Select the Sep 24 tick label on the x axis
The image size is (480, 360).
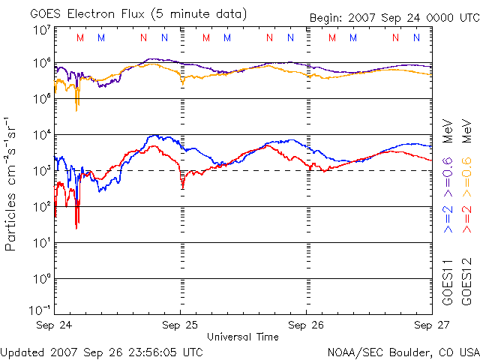click(55, 325)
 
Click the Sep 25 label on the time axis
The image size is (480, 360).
click(181, 325)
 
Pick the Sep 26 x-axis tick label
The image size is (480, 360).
click(307, 325)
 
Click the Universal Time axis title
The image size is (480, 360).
click(243, 337)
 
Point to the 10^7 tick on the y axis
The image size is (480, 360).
click(41, 30)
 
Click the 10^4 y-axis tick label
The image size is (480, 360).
click(41, 135)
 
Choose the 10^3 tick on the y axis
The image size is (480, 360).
click(41, 171)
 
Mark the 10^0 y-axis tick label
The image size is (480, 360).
click(41, 279)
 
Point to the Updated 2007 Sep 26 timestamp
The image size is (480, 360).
click(102, 351)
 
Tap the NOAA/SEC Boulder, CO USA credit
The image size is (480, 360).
click(403, 351)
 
